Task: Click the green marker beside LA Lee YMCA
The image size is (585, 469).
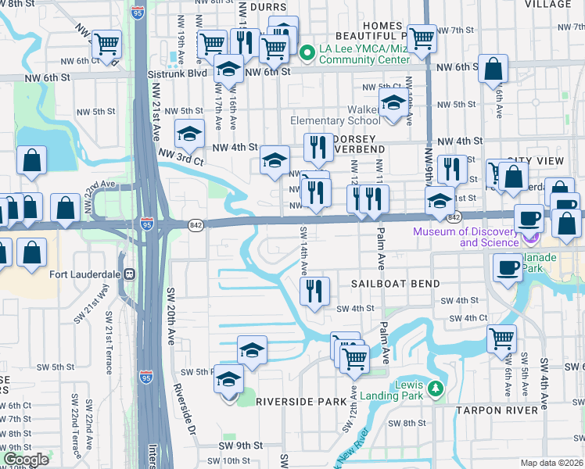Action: click(x=307, y=52)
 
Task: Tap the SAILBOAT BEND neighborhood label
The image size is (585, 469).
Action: click(x=395, y=284)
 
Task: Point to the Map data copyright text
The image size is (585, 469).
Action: click(x=551, y=463)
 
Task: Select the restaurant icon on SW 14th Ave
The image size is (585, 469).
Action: click(x=315, y=292)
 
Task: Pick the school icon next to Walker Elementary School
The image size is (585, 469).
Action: click(x=393, y=103)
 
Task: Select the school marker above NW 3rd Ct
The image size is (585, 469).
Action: click(x=188, y=135)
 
